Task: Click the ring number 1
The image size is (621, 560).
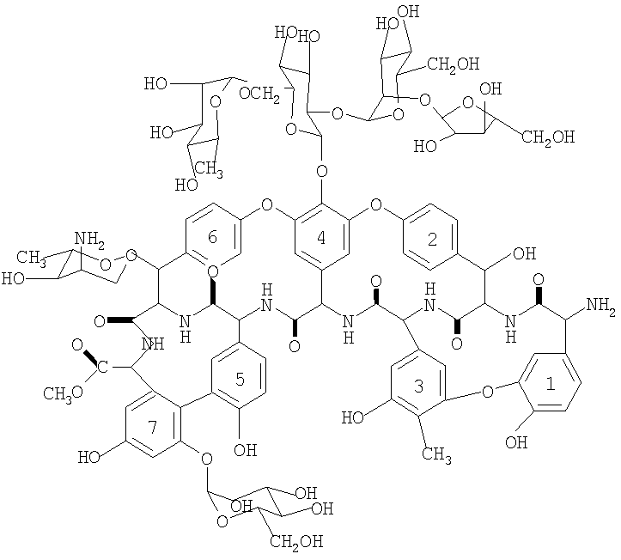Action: [551, 385]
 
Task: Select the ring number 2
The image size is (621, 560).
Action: [433, 240]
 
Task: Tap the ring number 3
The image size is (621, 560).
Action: [418, 386]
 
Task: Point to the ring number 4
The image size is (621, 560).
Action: [321, 238]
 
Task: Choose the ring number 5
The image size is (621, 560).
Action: [240, 379]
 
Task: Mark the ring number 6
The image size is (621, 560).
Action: [212, 237]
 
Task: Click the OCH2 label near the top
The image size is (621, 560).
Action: [259, 95]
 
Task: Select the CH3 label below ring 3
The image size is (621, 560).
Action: [436, 453]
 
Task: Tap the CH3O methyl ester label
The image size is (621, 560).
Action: [64, 393]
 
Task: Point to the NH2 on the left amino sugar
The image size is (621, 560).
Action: [89, 239]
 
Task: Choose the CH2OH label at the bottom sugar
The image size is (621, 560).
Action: [296, 541]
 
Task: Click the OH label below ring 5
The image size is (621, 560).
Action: [245, 450]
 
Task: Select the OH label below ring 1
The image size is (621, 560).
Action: [516, 441]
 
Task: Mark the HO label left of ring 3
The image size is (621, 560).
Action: [353, 417]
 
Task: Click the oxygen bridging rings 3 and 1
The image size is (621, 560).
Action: [489, 392]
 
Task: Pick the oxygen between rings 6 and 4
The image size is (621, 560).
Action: [267, 205]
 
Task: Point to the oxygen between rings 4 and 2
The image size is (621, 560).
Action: [375, 205]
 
